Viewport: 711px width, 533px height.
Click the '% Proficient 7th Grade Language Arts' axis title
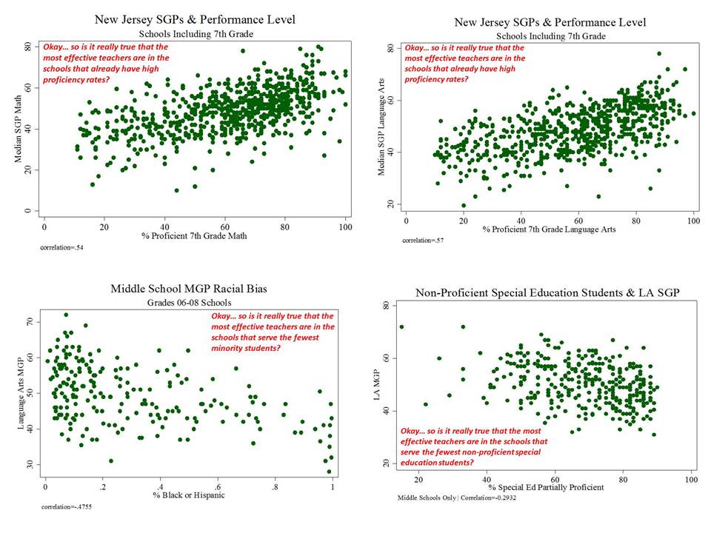pos(548,229)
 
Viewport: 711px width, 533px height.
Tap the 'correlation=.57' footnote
pos(422,241)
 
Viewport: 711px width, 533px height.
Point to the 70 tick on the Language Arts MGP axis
pos(30,323)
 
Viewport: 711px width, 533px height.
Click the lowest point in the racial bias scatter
pos(330,472)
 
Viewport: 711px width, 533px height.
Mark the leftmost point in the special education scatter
pos(402,326)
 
